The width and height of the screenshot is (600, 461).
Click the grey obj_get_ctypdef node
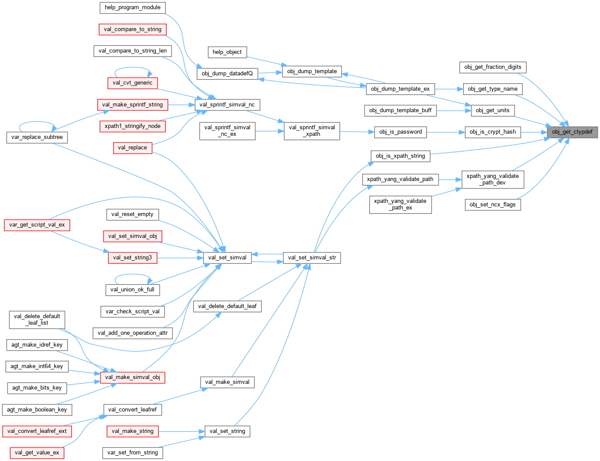click(x=572, y=132)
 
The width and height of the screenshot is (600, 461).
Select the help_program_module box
click(x=132, y=7)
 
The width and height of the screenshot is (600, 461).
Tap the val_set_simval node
click(x=227, y=258)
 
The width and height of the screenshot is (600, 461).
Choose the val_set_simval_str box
click(x=312, y=258)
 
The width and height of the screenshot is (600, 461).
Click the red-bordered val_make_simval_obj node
click(x=132, y=377)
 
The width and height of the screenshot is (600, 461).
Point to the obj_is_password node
click(x=400, y=132)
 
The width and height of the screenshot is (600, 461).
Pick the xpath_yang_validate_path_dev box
click(x=493, y=179)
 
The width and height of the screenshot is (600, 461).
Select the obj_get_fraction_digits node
click(x=493, y=67)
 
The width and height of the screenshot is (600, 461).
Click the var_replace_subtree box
click(x=37, y=137)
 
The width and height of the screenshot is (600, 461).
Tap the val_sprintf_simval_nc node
click(x=227, y=105)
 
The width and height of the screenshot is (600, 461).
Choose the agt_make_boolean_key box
click(x=37, y=410)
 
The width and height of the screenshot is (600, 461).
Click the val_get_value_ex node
click(x=37, y=453)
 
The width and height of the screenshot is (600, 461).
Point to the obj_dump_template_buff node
click(x=400, y=110)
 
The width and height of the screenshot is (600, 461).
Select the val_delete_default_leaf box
click(x=227, y=306)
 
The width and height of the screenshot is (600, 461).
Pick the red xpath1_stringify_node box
click(x=132, y=126)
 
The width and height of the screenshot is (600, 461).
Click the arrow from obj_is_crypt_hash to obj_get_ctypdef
click(x=534, y=132)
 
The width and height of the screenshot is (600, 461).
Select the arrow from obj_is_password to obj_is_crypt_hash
click(x=446, y=132)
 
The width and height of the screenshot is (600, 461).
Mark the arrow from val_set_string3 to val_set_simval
click(x=180, y=258)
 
